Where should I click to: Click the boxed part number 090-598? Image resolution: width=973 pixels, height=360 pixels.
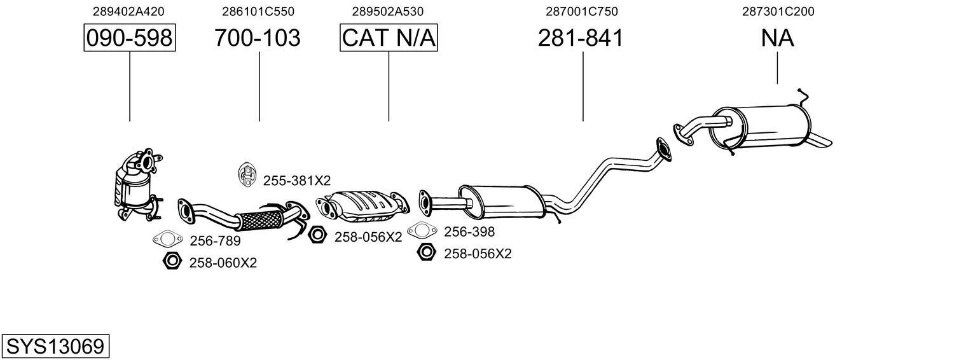(130, 38)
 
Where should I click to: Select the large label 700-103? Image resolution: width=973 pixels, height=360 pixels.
(257, 38)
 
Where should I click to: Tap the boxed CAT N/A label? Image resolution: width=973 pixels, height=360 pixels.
(389, 38)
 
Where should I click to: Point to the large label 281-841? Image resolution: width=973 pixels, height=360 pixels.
(580, 38)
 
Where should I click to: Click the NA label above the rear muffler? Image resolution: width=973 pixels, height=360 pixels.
(777, 38)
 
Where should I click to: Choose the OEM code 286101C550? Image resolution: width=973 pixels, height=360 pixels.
(258, 11)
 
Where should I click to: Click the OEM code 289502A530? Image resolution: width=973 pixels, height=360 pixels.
(388, 11)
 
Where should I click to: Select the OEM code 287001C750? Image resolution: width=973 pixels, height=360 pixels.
(581, 11)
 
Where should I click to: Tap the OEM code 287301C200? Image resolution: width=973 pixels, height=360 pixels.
(778, 11)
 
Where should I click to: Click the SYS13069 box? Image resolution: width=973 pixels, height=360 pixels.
(55, 347)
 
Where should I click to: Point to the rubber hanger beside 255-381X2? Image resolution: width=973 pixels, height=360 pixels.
(245, 176)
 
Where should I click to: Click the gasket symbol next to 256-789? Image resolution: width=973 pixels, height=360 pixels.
(167, 240)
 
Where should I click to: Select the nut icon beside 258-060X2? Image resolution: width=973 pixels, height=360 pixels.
(171, 261)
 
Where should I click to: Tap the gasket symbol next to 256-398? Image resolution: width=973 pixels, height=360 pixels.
(422, 230)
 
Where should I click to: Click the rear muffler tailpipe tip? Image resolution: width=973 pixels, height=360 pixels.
(822, 140)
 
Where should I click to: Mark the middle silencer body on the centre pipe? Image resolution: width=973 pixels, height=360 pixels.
(502, 199)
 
